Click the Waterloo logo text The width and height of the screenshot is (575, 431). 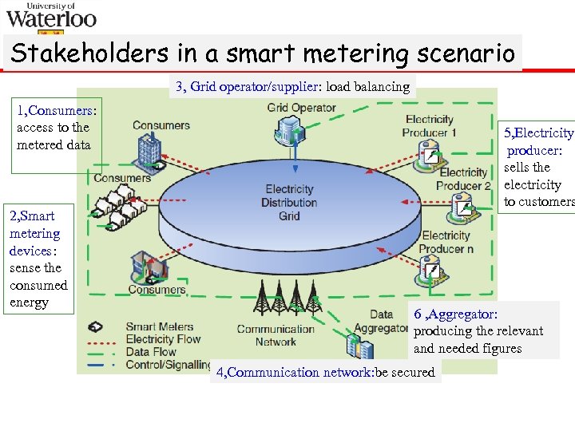[x=51, y=18]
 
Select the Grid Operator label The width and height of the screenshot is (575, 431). [x=301, y=108]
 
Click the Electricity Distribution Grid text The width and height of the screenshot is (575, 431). [x=289, y=203]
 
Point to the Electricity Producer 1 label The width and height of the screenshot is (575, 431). [x=430, y=126]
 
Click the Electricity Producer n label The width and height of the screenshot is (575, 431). [x=446, y=242]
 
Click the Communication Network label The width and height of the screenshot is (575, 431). [x=276, y=335]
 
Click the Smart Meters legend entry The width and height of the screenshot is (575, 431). [x=159, y=326]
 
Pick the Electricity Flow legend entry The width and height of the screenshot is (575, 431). [x=163, y=339]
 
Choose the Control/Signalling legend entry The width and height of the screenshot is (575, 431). [x=169, y=364]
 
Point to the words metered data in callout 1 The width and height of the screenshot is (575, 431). [x=54, y=144]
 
